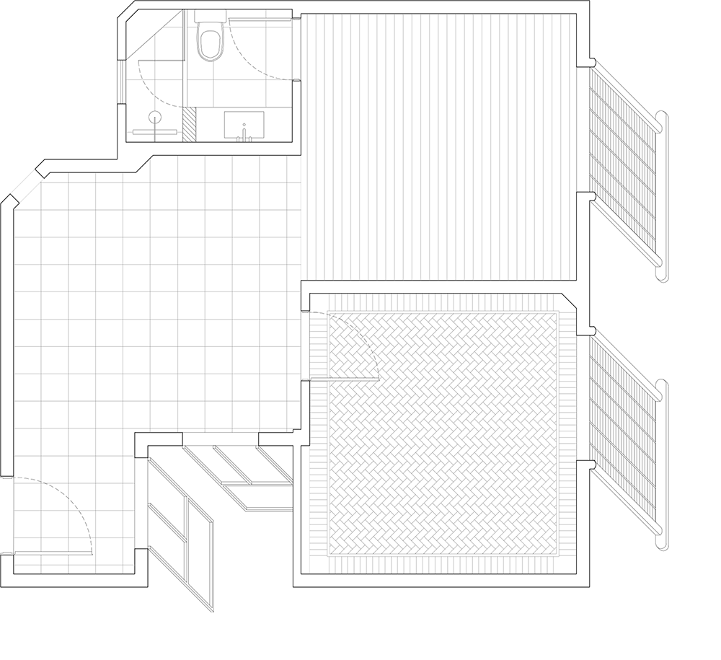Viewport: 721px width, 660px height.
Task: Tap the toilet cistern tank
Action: [x=211, y=16]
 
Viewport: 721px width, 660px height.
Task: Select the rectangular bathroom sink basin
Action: [x=244, y=124]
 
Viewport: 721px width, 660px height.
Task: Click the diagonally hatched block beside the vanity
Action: [x=190, y=124]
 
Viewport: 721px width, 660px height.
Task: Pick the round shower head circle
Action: [x=155, y=117]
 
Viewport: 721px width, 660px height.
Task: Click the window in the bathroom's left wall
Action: [x=121, y=81]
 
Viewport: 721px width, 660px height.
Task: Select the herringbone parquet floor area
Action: [x=443, y=433]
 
